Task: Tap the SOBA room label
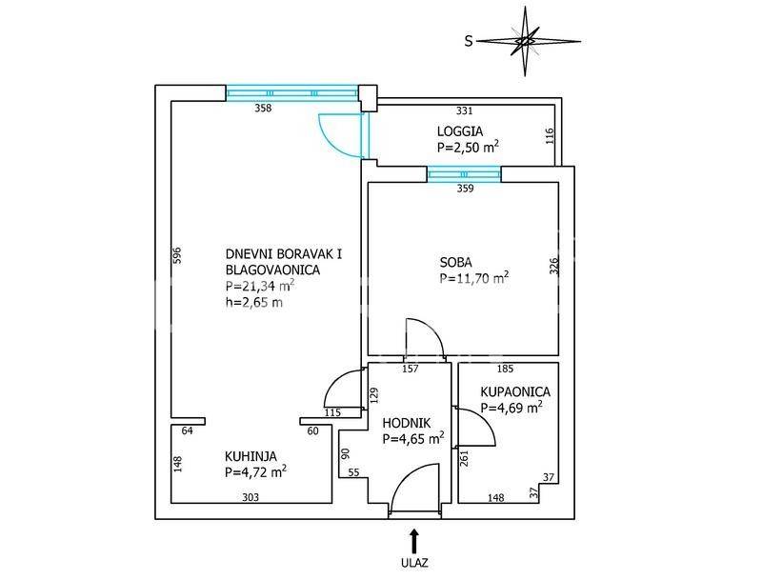pyautogui.click(x=456, y=262)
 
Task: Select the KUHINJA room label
pyautogui.click(x=251, y=456)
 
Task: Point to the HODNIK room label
pyautogui.click(x=407, y=423)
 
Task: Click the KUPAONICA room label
pyautogui.click(x=515, y=391)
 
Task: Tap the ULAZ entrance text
pyautogui.click(x=414, y=563)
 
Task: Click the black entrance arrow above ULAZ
pyautogui.click(x=414, y=541)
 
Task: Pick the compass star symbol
pyautogui.click(x=525, y=41)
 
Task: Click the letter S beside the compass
pyautogui.click(x=469, y=41)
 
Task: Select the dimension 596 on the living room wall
pyautogui.click(x=177, y=255)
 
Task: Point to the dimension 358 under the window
pyautogui.click(x=264, y=108)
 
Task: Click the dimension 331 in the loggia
pyautogui.click(x=465, y=110)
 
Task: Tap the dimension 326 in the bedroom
pyautogui.click(x=554, y=267)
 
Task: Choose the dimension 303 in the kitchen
pyautogui.click(x=251, y=497)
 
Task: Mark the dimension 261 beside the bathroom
pyautogui.click(x=464, y=459)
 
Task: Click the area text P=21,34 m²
pyautogui.click(x=260, y=286)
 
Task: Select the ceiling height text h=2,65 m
pyautogui.click(x=254, y=303)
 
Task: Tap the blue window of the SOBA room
pyautogui.click(x=464, y=174)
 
